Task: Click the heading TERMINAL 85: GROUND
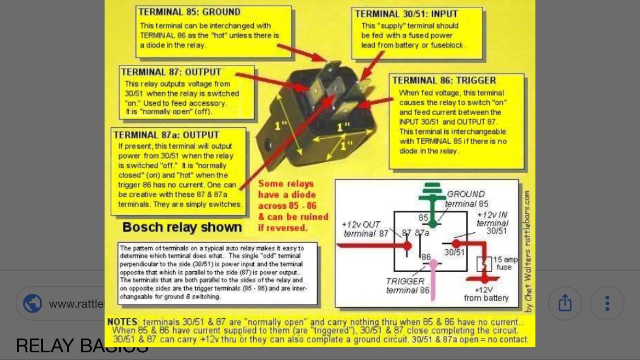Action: point(190,12)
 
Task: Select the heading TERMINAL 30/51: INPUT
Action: point(406,14)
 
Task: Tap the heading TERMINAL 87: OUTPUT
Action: point(171,72)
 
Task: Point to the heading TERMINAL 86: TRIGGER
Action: point(444,81)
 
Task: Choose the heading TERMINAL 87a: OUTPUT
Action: point(166,135)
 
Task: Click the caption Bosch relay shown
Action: point(182,227)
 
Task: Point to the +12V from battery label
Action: point(486,294)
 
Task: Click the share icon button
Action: point(565,303)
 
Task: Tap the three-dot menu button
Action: point(607,303)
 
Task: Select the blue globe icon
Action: point(33,303)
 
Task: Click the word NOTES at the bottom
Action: point(122,322)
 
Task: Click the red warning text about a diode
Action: point(293,205)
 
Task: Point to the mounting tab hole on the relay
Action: point(268,144)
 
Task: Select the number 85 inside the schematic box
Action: point(423,218)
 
